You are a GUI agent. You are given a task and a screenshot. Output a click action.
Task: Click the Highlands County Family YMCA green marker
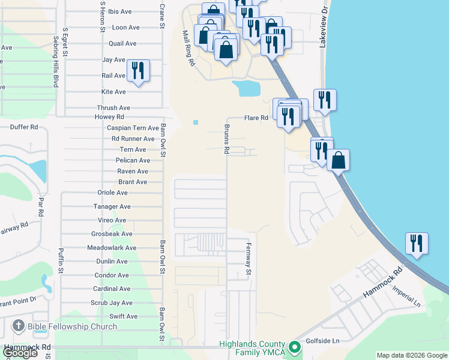pos(294,347)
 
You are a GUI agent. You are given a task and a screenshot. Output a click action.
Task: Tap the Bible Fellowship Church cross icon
pos(17,327)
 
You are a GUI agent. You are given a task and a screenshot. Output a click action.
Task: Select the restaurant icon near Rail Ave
pos(138,71)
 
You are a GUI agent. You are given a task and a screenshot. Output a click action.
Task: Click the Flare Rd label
pos(256,118)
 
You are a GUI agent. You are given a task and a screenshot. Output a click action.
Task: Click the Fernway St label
pos(247,259)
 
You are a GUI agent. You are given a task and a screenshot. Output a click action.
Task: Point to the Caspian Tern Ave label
pos(133,128)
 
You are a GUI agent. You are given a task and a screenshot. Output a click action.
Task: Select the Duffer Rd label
pos(25,127)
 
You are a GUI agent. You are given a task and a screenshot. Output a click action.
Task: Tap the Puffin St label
pos(61,262)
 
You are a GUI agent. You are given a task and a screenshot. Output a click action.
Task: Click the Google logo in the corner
pos(20,353)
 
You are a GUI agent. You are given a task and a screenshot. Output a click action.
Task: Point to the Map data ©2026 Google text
pos(412,355)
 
